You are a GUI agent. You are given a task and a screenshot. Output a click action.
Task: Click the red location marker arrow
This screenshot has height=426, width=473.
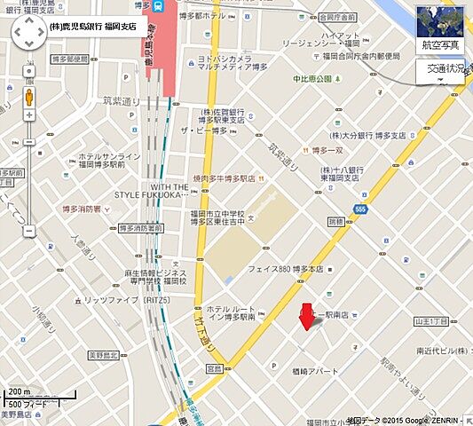tap(307, 316)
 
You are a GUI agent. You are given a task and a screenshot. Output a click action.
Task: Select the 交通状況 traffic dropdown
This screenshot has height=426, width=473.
tap(440, 71)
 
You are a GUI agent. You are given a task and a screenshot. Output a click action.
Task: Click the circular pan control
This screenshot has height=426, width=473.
tap(29, 35)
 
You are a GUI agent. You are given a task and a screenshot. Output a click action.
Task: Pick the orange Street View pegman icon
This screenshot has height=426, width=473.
tap(29, 95)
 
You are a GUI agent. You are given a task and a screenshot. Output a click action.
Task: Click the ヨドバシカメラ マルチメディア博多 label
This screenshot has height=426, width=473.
tap(234, 61)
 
